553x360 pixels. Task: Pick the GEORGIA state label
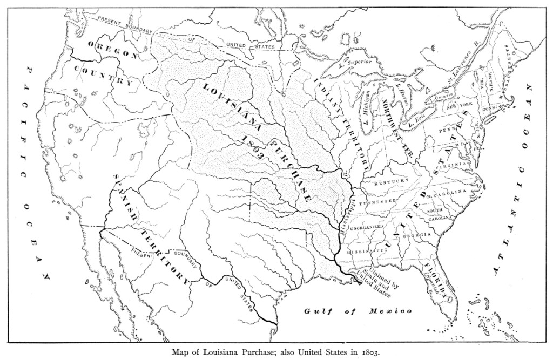416,235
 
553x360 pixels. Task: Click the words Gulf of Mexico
358,311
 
